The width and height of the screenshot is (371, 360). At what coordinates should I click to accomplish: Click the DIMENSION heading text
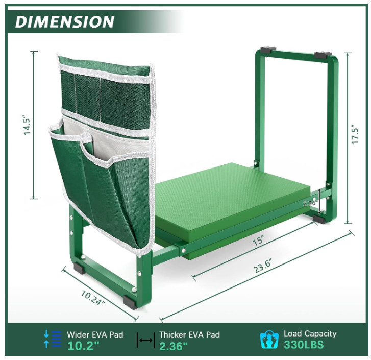[x=65, y=22]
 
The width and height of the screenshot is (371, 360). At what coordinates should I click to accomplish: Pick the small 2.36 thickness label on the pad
[x=310, y=203]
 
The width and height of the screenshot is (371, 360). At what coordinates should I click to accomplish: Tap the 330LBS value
[x=304, y=345]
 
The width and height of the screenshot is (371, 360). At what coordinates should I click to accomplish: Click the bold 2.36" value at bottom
[x=174, y=346]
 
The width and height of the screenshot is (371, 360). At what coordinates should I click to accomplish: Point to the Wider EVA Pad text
[x=95, y=334]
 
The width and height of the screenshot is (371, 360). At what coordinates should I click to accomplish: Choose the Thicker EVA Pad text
[x=189, y=334]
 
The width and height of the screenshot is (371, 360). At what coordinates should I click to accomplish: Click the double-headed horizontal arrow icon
[x=146, y=340]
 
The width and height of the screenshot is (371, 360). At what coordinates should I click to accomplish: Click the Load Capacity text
[x=310, y=334]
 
